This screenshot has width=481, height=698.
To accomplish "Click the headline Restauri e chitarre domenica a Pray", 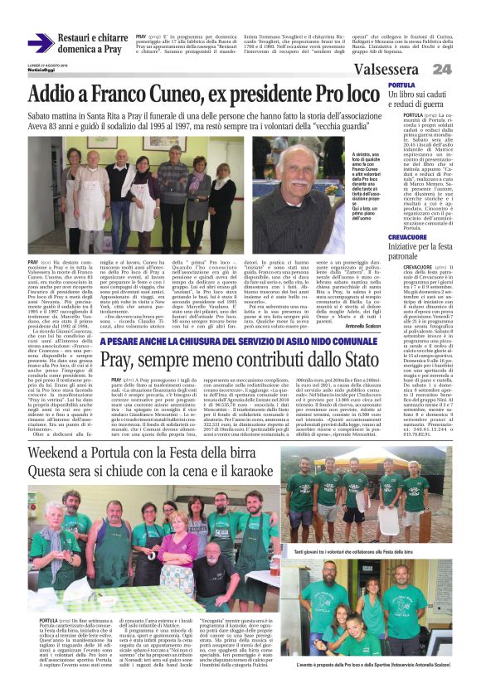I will pyautogui.click(x=93, y=44).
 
